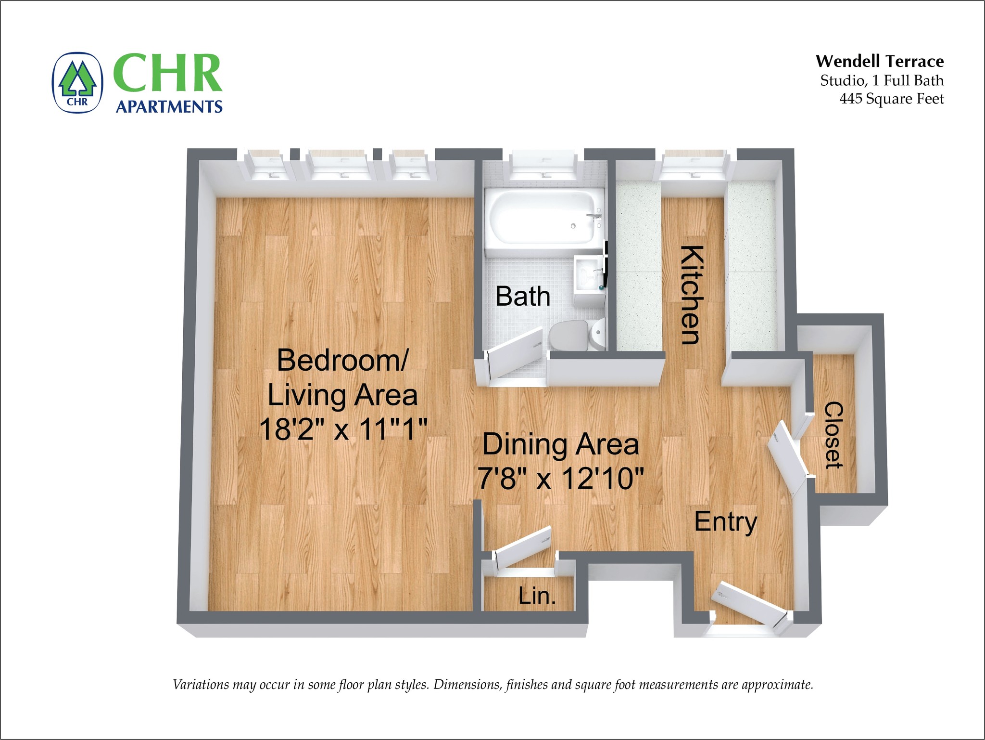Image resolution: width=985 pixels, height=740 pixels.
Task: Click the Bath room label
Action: [x=523, y=296]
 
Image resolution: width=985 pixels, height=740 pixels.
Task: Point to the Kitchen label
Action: [x=692, y=295]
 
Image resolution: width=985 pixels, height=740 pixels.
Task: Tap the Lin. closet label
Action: [x=537, y=596]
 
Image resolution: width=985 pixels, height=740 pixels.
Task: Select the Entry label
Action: [x=725, y=522]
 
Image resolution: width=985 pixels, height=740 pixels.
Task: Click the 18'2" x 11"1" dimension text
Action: [x=343, y=429]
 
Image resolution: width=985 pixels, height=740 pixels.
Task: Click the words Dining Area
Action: [x=560, y=444]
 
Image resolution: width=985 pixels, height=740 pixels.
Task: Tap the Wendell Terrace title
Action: [x=879, y=61]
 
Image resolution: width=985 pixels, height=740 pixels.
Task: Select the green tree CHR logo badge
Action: [x=77, y=83]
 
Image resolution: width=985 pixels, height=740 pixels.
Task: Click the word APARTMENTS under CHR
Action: [x=169, y=106]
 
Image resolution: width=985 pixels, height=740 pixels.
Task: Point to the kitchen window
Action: [x=693, y=165]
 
